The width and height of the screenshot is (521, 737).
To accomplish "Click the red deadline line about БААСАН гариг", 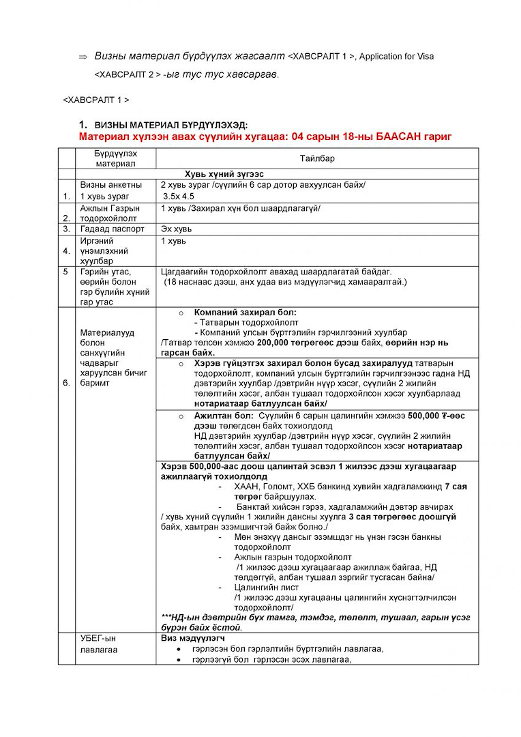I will click(x=265, y=136).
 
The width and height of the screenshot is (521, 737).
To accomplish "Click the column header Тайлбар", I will click(x=316, y=158).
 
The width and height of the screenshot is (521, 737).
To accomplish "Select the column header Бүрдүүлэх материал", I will click(x=115, y=158).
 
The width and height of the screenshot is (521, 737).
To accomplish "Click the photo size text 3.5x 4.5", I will click(x=178, y=196).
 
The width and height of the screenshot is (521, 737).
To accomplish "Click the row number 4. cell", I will click(x=66, y=250).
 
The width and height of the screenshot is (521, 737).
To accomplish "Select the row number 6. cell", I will click(x=66, y=383).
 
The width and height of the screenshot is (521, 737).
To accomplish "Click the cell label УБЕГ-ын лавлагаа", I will click(x=99, y=644).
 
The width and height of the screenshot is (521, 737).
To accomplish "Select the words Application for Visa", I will click(x=396, y=57).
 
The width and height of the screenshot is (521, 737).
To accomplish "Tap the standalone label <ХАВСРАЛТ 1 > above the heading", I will click(x=95, y=100).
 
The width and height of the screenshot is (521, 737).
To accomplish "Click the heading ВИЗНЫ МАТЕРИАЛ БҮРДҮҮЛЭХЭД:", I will click(x=171, y=125).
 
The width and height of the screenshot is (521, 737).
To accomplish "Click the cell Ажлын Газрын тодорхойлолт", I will click(x=110, y=213).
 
